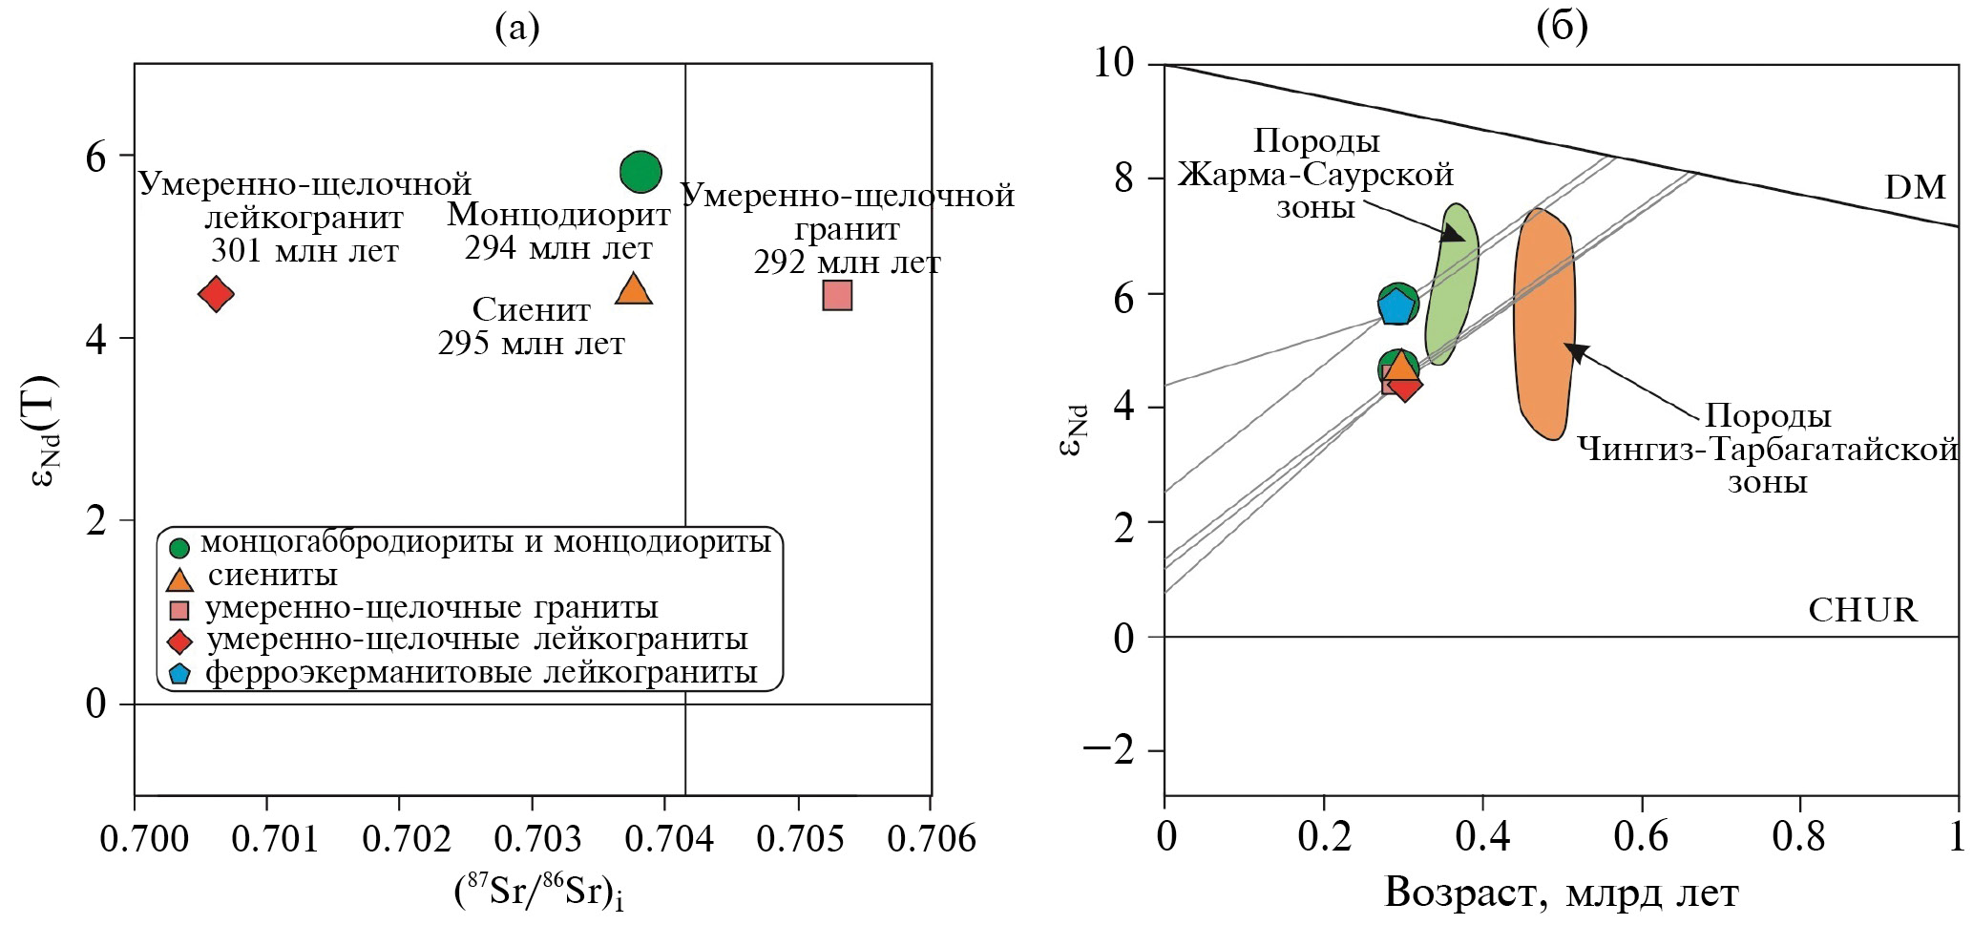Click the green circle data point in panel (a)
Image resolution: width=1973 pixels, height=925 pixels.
[x=640, y=172]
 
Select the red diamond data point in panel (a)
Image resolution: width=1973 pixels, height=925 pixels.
[x=217, y=294]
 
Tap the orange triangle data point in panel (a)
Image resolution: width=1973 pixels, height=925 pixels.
[x=633, y=289]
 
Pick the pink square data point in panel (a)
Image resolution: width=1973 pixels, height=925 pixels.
[x=837, y=296]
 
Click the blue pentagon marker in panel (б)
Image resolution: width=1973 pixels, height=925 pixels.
[x=1396, y=306]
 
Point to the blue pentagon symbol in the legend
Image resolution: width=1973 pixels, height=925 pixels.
[x=179, y=674]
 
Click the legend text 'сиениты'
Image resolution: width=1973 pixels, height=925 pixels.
[x=272, y=576]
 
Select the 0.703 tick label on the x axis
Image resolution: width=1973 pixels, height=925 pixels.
[x=538, y=839]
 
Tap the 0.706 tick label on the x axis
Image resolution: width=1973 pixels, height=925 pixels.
[x=931, y=839]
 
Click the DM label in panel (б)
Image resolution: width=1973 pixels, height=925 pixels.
[x=1915, y=187]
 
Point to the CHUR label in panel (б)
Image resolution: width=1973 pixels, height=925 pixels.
[x=1862, y=610]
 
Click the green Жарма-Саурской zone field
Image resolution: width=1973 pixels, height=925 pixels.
[x=1452, y=286]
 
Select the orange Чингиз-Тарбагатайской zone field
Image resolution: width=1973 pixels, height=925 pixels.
[x=1544, y=325]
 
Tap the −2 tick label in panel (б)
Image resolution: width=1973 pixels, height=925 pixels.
[x=1109, y=751]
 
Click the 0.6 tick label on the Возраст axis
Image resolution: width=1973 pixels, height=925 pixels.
[x=1640, y=837]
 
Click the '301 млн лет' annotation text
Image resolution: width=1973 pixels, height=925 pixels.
[x=304, y=251]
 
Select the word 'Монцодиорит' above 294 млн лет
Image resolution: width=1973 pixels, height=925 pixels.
[x=558, y=215]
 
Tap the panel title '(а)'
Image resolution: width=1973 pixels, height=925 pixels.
[x=517, y=29]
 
